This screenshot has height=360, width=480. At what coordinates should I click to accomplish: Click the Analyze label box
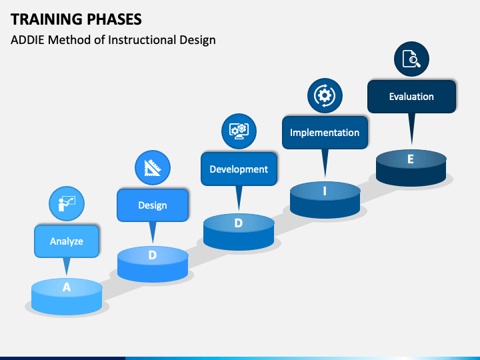pos(67,241)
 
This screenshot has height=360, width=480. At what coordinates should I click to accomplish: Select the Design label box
pos(153,205)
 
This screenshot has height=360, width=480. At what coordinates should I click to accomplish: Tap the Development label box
pos(239,169)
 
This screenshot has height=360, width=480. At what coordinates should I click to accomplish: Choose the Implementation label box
pos(325,133)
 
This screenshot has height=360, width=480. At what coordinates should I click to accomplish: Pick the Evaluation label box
pos(411,97)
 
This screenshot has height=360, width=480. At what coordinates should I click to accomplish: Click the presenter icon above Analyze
pos(67,203)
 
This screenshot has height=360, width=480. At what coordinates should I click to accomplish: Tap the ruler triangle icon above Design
pos(153,168)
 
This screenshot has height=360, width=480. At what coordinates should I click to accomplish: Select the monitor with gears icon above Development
pos(239,131)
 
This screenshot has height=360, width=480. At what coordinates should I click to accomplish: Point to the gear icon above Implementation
pos(325,95)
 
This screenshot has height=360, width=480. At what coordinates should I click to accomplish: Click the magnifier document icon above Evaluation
pos(411,59)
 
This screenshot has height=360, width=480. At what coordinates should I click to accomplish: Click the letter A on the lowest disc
pos(67,287)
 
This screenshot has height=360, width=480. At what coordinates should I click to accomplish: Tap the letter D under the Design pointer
pos(153,255)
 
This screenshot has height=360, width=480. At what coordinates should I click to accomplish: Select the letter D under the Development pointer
pos(239,223)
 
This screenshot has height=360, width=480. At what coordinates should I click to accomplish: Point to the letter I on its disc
pos(325,191)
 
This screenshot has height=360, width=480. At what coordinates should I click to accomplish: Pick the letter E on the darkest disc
pos(411,159)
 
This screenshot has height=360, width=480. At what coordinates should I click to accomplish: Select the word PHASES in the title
pos(114,19)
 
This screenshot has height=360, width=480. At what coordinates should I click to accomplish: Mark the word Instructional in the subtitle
pos(142,40)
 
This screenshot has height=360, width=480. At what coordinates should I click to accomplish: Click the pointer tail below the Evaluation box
pos(412,128)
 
